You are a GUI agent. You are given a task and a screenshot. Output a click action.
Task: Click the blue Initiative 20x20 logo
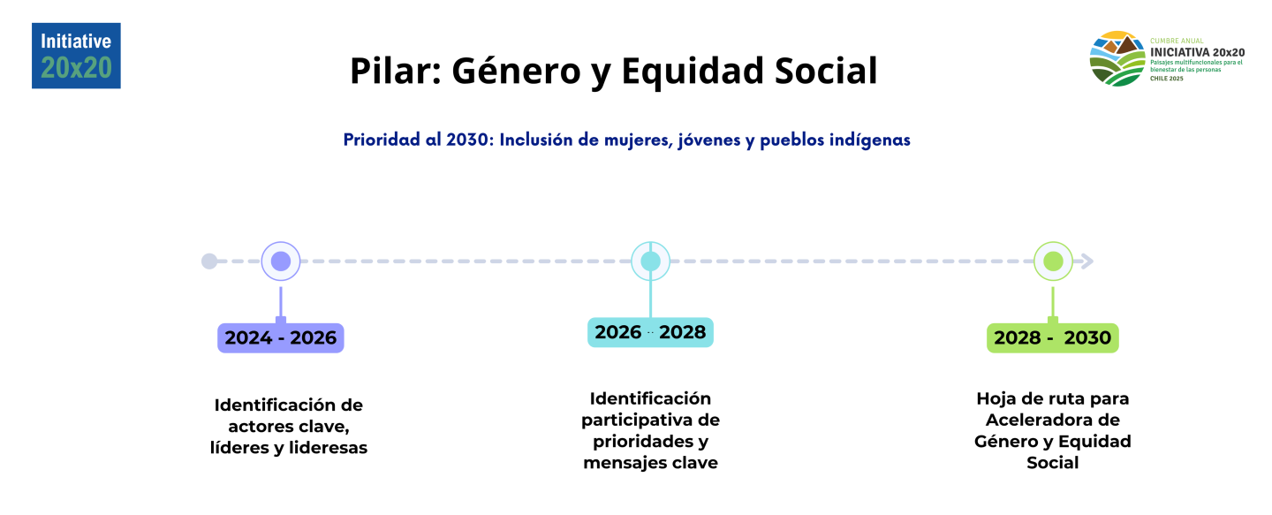76,56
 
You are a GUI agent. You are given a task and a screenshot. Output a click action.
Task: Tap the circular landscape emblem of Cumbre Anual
1117,58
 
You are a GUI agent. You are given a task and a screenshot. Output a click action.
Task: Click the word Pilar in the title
396,71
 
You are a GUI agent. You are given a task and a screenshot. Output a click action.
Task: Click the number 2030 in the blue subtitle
470,140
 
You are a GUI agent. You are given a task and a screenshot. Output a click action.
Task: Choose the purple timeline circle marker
281,261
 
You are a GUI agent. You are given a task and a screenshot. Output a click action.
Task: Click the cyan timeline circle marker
650,261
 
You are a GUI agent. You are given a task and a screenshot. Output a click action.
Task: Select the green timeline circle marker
1053,261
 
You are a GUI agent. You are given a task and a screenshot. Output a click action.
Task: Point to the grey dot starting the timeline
209,261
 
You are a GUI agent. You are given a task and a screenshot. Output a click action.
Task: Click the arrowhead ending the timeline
1086,261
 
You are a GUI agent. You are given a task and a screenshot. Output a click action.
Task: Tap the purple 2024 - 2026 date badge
281,337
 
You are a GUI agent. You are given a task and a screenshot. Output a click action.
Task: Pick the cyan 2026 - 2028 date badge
650,332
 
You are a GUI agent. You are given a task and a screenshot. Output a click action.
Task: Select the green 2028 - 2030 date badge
1053,337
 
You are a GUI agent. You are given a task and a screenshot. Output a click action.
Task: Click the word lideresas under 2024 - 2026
329,448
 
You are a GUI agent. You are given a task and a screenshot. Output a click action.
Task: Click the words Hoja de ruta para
1053,399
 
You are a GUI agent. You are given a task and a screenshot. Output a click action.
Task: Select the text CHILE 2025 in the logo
1167,79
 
